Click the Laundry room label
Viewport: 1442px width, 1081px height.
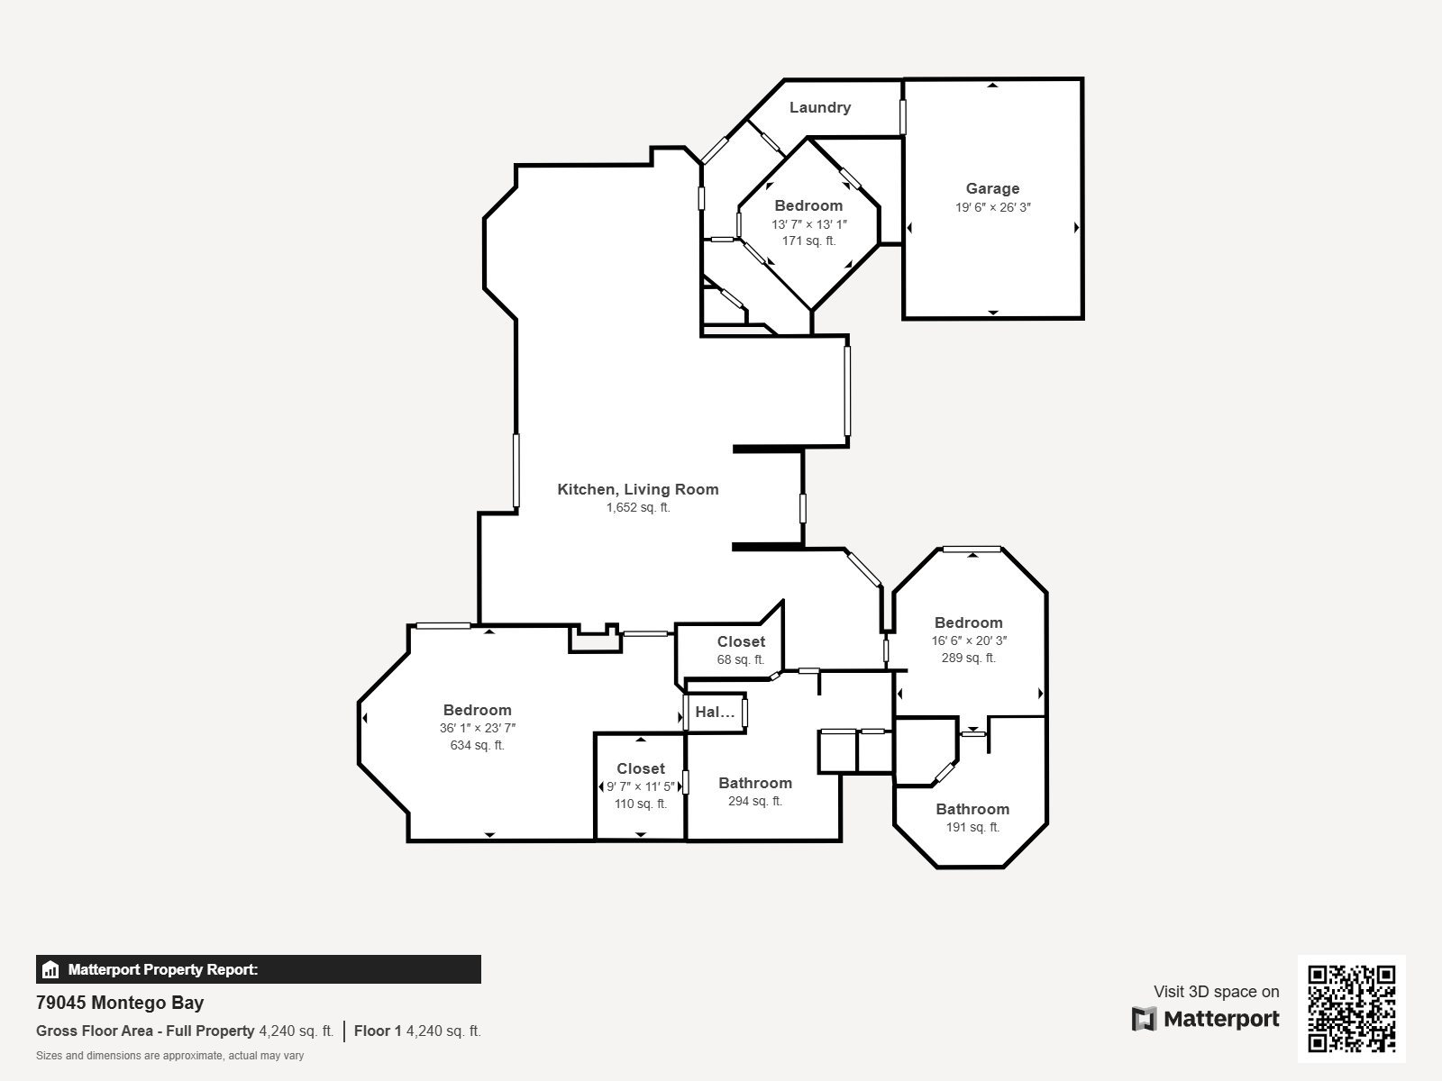click(x=820, y=107)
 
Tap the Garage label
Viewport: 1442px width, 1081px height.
click(x=992, y=188)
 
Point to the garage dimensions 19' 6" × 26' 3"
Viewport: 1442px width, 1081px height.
click(x=992, y=207)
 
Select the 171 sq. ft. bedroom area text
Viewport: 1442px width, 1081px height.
click(x=808, y=241)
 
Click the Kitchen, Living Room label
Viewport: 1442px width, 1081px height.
click(x=638, y=489)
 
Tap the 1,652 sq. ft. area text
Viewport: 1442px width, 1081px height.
click(x=638, y=507)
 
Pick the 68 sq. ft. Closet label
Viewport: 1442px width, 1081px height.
click(x=741, y=642)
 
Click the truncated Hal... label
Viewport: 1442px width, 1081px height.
click(x=715, y=713)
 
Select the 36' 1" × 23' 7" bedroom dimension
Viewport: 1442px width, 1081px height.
click(x=478, y=728)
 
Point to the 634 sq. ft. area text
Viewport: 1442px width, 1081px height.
click(x=478, y=746)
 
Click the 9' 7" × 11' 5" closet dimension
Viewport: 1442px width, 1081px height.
click(x=641, y=786)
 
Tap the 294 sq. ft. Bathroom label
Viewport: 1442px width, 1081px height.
click(x=755, y=783)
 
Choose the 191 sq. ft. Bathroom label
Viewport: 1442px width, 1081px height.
click(x=973, y=809)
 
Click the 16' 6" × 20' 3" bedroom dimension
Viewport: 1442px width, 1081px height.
click(x=969, y=640)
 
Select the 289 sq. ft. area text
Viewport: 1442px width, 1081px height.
click(x=969, y=658)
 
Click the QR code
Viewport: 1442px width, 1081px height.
click(x=1351, y=1008)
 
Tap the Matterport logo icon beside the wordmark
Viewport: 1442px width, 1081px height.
click(x=1144, y=1019)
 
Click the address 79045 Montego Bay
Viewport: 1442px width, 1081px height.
click(x=120, y=1003)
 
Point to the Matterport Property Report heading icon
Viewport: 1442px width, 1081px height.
click(x=50, y=969)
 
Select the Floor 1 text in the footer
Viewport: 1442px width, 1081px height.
click(x=378, y=1031)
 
